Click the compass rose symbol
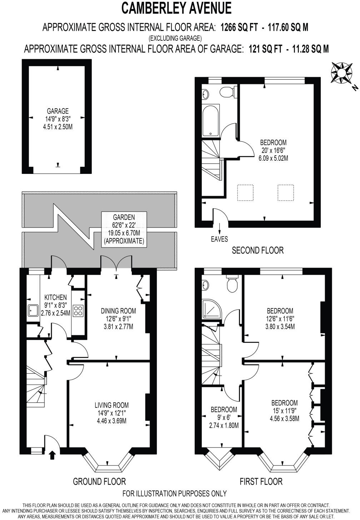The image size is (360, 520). point(341,73)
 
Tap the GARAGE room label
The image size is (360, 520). point(57,111)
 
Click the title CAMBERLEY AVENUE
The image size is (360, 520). point(176,8)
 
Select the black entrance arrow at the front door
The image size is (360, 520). point(52,455)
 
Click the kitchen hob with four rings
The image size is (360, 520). point(78,310)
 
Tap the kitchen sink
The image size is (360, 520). point(34,311)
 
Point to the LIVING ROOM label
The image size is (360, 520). point(111,405)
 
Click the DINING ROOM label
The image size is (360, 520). point(118,311)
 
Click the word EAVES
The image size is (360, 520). point(219,239)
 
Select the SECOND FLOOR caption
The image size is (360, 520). point(257,250)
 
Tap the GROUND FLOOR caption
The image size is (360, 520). point(99,481)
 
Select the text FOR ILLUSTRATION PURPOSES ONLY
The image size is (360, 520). point(174,494)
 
